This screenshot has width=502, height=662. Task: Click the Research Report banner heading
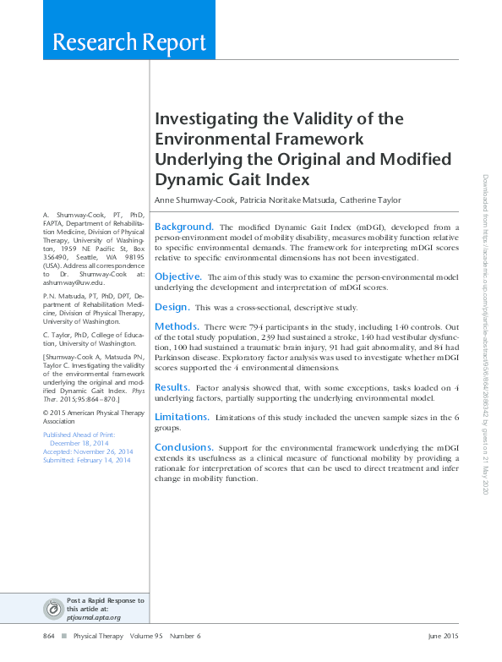pyautogui.click(x=129, y=42)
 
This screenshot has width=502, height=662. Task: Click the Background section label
pyautogui.click(x=183, y=227)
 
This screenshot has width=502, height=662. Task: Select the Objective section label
pyautogui.click(x=177, y=276)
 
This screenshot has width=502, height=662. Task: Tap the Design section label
pyautogui.click(x=172, y=307)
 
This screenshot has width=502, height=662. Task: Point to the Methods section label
pyautogui.click(x=177, y=326)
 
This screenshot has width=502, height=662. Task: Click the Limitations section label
pyautogui.click(x=182, y=417)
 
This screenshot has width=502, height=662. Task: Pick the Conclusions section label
pyautogui.click(x=183, y=447)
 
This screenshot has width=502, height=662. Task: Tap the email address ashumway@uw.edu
pyautogui.click(x=73, y=284)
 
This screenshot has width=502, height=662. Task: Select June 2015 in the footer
pyautogui.click(x=443, y=636)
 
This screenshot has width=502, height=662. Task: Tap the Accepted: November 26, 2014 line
pyautogui.click(x=87, y=451)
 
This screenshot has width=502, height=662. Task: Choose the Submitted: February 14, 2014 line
pyautogui.click(x=86, y=460)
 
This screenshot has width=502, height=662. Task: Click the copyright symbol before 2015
pyautogui.click(x=46, y=413)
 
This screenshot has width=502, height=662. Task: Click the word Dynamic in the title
pyautogui.click(x=188, y=179)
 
